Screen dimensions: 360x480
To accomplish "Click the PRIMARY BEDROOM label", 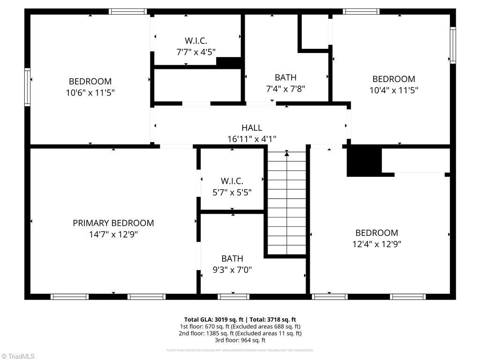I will tap(113, 223).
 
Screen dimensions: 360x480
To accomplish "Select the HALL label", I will tap(252, 127).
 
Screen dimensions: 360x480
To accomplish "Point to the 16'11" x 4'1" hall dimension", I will tap(252, 139).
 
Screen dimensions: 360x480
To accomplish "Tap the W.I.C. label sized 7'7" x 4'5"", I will tap(196, 41).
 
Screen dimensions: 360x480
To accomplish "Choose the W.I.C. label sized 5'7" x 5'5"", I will tap(232, 181).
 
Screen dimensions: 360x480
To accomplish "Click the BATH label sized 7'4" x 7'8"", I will tap(285, 77).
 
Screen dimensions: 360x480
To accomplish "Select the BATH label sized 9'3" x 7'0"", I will tap(232, 258).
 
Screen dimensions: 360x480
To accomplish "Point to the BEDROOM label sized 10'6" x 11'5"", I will tap(90, 81).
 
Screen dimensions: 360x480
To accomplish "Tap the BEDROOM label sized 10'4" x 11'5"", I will tap(394, 79).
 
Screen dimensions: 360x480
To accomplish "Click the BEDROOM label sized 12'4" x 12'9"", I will tap(376, 232).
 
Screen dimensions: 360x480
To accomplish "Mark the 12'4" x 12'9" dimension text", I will tap(376, 244).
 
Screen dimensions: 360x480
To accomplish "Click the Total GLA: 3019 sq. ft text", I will tap(211, 320).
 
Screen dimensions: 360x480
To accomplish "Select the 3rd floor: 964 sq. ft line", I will tap(240, 340).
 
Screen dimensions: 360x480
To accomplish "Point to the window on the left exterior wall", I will tap(27, 87).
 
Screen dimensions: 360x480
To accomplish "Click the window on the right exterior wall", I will tap(453, 45).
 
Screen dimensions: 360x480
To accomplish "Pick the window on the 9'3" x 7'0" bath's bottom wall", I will tap(233, 296).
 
